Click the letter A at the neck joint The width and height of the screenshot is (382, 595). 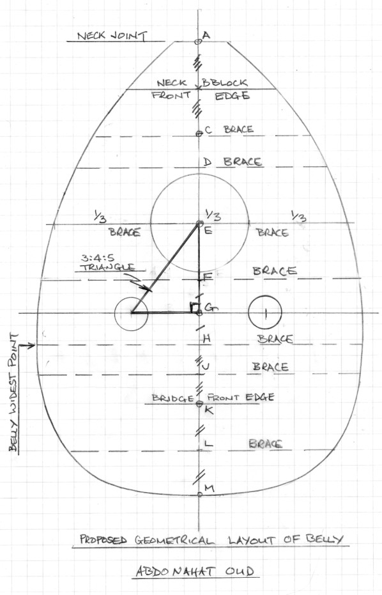pyautogui.click(x=206, y=35)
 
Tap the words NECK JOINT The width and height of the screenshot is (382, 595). pyautogui.click(x=112, y=36)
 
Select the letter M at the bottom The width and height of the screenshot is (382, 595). pyautogui.click(x=210, y=488)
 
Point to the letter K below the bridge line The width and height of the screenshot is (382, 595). pyautogui.click(x=209, y=410)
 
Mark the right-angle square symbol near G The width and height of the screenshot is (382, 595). pyautogui.click(x=195, y=308)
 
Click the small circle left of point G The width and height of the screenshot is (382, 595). pyautogui.click(x=131, y=313)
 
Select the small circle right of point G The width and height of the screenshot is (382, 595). pyautogui.click(x=265, y=313)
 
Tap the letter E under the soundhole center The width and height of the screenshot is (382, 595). pyautogui.click(x=208, y=230)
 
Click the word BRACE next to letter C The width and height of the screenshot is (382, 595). pyautogui.click(x=239, y=129)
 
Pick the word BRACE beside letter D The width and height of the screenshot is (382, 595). pyautogui.click(x=243, y=162)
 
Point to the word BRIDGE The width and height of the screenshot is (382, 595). pyautogui.click(x=173, y=398)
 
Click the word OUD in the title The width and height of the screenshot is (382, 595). pyautogui.click(x=240, y=571)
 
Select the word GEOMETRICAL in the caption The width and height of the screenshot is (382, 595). pyautogui.click(x=174, y=540)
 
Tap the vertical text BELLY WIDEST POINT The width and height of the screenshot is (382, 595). pyautogui.click(x=13, y=393)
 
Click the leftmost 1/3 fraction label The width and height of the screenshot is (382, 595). pyautogui.click(x=100, y=217)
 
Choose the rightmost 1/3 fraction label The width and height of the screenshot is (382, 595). pyautogui.click(x=298, y=216)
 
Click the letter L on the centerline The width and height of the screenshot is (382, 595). pyautogui.click(x=208, y=444)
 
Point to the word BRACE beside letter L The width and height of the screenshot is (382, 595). pyautogui.click(x=266, y=444)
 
